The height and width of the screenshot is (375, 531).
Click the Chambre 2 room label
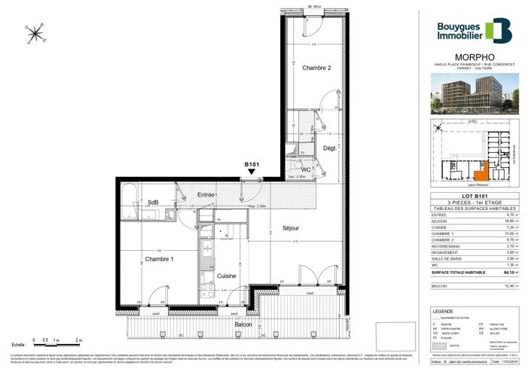[x=317, y=69]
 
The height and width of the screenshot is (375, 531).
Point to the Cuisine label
[x=227, y=276]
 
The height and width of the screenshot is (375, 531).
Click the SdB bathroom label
[x=153, y=202]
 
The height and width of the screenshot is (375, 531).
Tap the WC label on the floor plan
[x=307, y=169]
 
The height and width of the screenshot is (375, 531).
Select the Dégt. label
[x=330, y=149]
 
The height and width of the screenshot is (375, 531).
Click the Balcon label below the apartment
[x=243, y=324]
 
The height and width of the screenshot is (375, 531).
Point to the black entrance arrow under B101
[x=251, y=172]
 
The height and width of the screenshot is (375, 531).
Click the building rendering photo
[x=474, y=94]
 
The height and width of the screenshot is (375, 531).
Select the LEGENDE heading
[x=443, y=310]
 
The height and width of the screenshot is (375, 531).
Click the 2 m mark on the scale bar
[x=78, y=341]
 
